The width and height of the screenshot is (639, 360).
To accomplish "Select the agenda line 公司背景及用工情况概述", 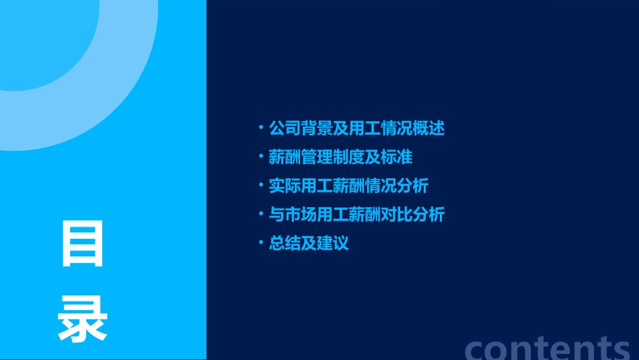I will [x=356, y=129].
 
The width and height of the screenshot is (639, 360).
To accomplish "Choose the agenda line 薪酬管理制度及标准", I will [x=340, y=157].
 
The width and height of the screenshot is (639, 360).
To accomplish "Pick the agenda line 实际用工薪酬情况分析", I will [x=348, y=186].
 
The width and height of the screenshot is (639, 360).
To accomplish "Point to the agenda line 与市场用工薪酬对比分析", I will [x=356, y=215].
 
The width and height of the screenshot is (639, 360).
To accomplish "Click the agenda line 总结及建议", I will [x=309, y=243].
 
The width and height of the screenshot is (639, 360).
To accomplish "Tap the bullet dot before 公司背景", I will [x=261, y=127].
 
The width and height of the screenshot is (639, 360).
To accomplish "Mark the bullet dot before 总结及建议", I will [x=261, y=242].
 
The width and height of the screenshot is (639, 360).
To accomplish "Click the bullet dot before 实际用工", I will [x=261, y=184].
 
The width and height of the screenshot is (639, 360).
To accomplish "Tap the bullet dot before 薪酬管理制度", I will [x=261, y=156].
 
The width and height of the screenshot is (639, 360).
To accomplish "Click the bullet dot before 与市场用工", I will [x=261, y=213].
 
